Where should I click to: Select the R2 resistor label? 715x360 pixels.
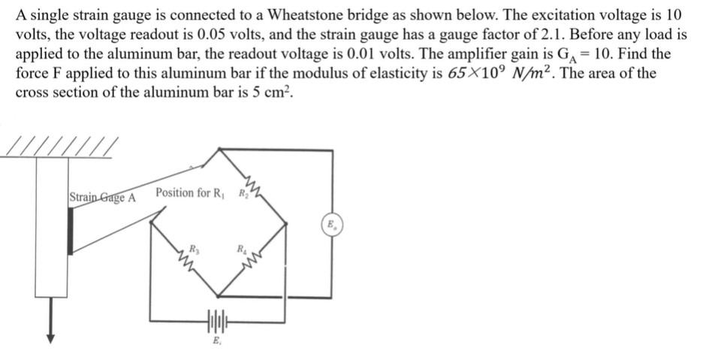click(241, 193)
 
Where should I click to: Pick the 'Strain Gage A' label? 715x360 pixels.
click(102, 198)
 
